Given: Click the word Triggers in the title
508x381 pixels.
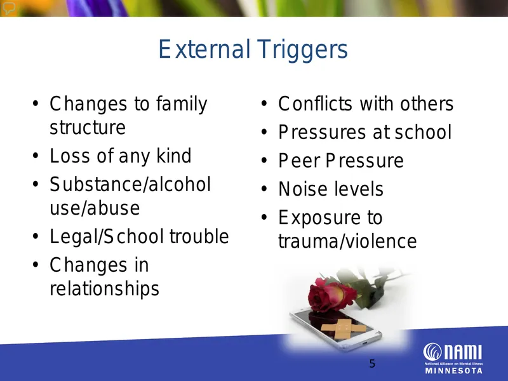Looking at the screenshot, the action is point(303,50).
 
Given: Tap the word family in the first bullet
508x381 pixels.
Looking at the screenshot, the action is point(182,104).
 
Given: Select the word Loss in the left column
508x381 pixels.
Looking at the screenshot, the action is point(70,156).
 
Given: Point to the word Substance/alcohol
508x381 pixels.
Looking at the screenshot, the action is point(130,184).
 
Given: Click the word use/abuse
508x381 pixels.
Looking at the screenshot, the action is point(95,208).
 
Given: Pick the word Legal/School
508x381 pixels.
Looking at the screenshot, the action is point(107,236).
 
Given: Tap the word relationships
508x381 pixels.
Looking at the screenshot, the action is point(104,289).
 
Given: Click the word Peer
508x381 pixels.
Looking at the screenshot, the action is point(299,161).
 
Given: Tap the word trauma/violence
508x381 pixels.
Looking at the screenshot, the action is point(347,241).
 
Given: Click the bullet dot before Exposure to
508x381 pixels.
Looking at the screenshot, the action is point(264,217).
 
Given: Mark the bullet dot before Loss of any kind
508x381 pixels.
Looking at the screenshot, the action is point(36,156).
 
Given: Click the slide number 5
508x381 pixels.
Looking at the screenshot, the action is point(372,364).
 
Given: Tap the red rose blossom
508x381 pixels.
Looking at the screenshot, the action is point(328,295).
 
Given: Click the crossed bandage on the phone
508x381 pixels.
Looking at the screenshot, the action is point(344,328).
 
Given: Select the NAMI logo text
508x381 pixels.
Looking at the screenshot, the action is point(453,352).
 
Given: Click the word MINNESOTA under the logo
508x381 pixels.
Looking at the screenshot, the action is point(453,371).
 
